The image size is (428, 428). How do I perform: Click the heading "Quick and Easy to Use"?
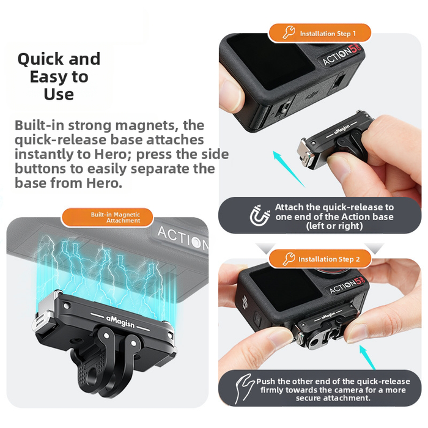point(59,76)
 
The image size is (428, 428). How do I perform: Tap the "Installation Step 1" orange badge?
point(319,33)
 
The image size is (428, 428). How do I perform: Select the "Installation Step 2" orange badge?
point(319,259)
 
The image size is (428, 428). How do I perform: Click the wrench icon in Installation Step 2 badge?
point(289,259)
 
